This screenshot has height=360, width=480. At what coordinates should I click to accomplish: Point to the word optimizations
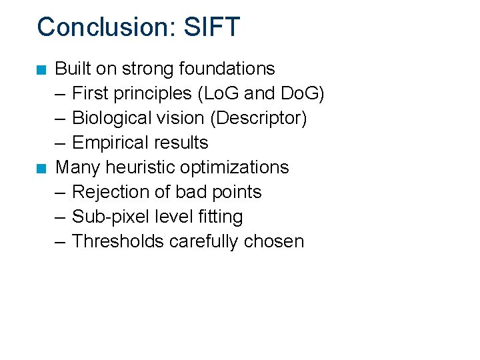coord(235,167)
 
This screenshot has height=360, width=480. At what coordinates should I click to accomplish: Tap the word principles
coord(150,93)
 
